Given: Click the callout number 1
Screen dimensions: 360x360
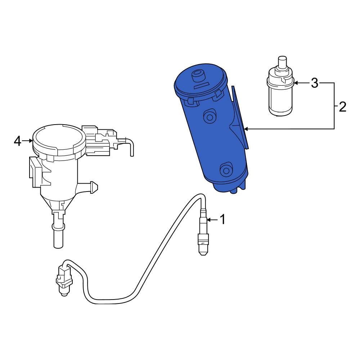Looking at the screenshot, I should pyautogui.click(x=222, y=219).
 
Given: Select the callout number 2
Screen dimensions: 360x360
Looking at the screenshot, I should pyautogui.click(x=342, y=107).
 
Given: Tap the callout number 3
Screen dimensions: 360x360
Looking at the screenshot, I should pyautogui.click(x=315, y=84).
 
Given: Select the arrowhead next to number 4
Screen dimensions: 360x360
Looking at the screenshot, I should pyautogui.click(x=31, y=141).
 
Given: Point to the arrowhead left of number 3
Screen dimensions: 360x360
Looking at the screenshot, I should pyautogui.click(x=296, y=83).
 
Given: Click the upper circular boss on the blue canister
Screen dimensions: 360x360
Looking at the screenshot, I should pyautogui.click(x=208, y=116).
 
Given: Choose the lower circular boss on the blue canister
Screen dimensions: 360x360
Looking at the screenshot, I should pyautogui.click(x=226, y=169).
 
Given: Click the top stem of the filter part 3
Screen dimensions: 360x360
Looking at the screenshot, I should pyautogui.click(x=282, y=62).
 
